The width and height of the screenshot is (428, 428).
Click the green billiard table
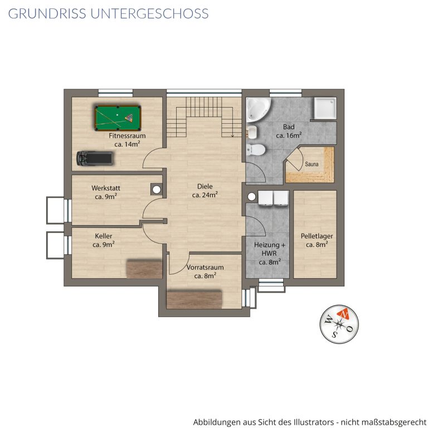tap(118, 118)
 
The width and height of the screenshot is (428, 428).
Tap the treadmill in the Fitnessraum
tap(94, 158)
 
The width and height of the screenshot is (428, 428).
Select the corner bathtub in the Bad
tap(258, 109)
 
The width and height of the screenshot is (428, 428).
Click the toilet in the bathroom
tap(255, 150)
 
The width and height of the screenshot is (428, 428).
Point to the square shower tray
tap(325, 108)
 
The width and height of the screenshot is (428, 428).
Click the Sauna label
tap(312, 164)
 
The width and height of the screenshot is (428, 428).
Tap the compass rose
tap(339, 324)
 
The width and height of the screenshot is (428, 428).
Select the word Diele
tap(205, 187)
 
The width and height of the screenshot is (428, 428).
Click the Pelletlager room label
tap(317, 236)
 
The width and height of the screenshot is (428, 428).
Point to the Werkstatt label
tap(106, 188)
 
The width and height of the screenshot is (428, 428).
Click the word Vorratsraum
tap(205, 267)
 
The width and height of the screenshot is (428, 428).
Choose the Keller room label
tap(104, 236)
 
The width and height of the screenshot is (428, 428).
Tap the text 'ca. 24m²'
tap(205, 195)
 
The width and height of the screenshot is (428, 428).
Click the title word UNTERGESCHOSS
tap(149, 13)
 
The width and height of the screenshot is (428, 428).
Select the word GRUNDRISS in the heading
tap(47, 13)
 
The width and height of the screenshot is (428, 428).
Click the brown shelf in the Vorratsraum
tap(194, 299)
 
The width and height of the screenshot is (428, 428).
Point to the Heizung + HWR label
tap(269, 249)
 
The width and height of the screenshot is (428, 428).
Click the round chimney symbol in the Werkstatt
tap(157, 189)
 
